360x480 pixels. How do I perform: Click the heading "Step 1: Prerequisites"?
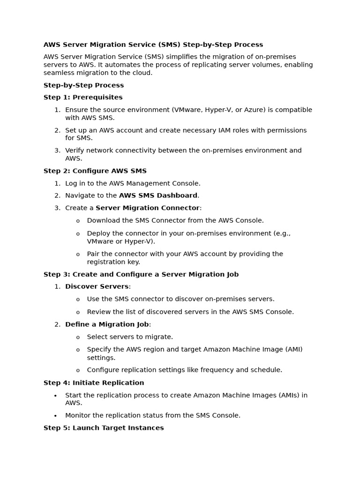(x=83, y=97)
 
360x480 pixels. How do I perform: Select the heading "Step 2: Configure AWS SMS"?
(x=95, y=171)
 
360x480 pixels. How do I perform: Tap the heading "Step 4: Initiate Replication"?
(x=94, y=383)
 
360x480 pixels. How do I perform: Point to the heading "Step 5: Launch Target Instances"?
(x=104, y=428)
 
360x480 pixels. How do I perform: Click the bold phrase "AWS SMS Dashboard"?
(x=158, y=195)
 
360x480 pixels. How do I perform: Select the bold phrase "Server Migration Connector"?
(x=148, y=208)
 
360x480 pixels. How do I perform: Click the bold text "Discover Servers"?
(x=97, y=286)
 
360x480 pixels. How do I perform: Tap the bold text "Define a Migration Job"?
(x=107, y=324)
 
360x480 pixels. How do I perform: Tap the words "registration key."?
(x=113, y=262)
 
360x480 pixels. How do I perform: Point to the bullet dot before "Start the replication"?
(x=55, y=396)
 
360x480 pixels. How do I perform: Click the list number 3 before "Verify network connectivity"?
(x=57, y=150)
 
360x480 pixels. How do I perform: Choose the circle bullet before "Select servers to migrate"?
(x=78, y=337)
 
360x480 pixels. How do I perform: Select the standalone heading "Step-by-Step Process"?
(x=83, y=85)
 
